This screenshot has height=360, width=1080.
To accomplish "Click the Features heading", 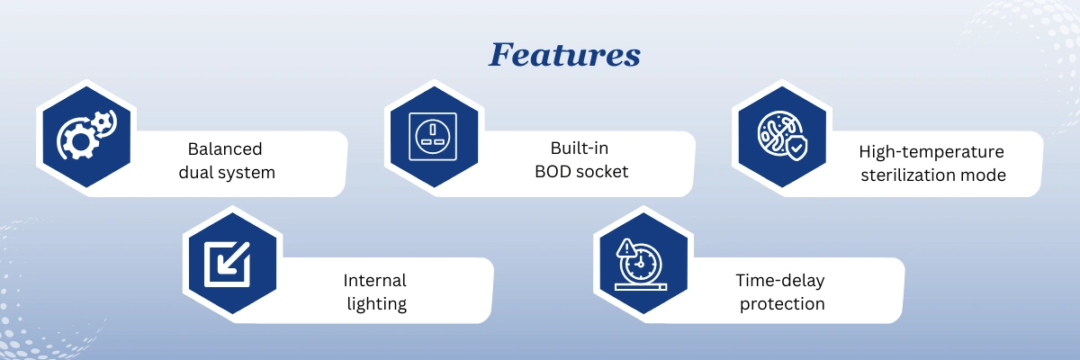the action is (x=564, y=55).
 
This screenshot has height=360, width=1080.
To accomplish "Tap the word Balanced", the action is (x=225, y=148).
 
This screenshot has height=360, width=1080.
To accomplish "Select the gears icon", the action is (x=86, y=135).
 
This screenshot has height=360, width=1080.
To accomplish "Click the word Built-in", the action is (x=579, y=148).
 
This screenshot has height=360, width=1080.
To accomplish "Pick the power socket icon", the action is (x=433, y=137).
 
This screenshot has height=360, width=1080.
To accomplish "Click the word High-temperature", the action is (x=931, y=152).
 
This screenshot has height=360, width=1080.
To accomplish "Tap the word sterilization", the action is (x=908, y=175).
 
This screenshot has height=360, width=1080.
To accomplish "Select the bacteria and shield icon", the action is (x=782, y=135).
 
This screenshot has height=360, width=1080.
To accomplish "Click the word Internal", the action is (x=374, y=281).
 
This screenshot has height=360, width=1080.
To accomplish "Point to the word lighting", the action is (x=376, y=304).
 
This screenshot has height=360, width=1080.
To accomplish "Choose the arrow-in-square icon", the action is (x=227, y=264).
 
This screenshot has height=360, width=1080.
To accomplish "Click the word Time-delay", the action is (x=780, y=281).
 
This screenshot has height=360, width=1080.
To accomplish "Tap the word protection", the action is (x=782, y=304).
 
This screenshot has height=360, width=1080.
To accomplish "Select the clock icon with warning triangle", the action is (x=641, y=265).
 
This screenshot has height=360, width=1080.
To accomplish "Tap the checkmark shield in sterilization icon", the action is (x=796, y=148).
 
